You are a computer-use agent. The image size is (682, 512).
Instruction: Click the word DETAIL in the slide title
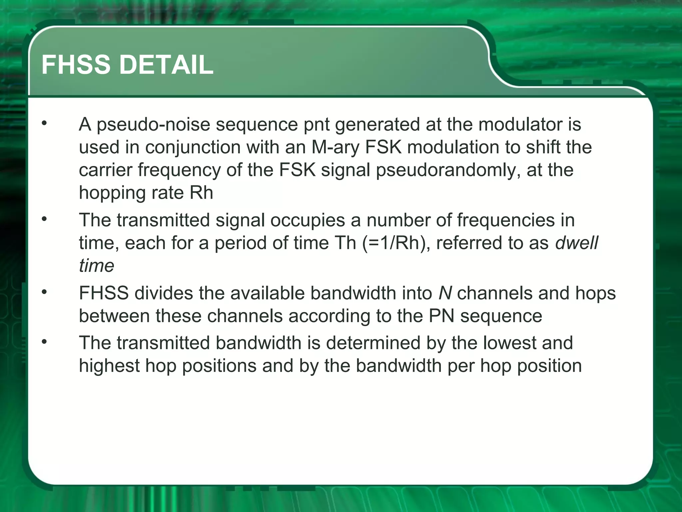(x=166, y=65)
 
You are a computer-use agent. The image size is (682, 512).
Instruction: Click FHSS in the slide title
(x=76, y=65)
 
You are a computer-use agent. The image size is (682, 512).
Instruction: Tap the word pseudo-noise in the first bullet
(x=154, y=124)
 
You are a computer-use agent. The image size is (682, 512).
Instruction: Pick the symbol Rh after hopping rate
(x=201, y=193)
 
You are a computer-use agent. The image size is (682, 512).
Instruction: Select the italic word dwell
(x=577, y=243)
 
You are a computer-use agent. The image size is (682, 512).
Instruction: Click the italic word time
(x=97, y=266)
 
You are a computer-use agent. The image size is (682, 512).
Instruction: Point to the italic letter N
(x=445, y=293)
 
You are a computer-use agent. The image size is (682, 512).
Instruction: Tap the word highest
(x=109, y=366)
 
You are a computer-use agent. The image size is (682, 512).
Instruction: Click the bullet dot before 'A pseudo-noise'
(x=44, y=123)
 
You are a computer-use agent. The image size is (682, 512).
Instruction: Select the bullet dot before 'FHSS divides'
(x=44, y=292)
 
